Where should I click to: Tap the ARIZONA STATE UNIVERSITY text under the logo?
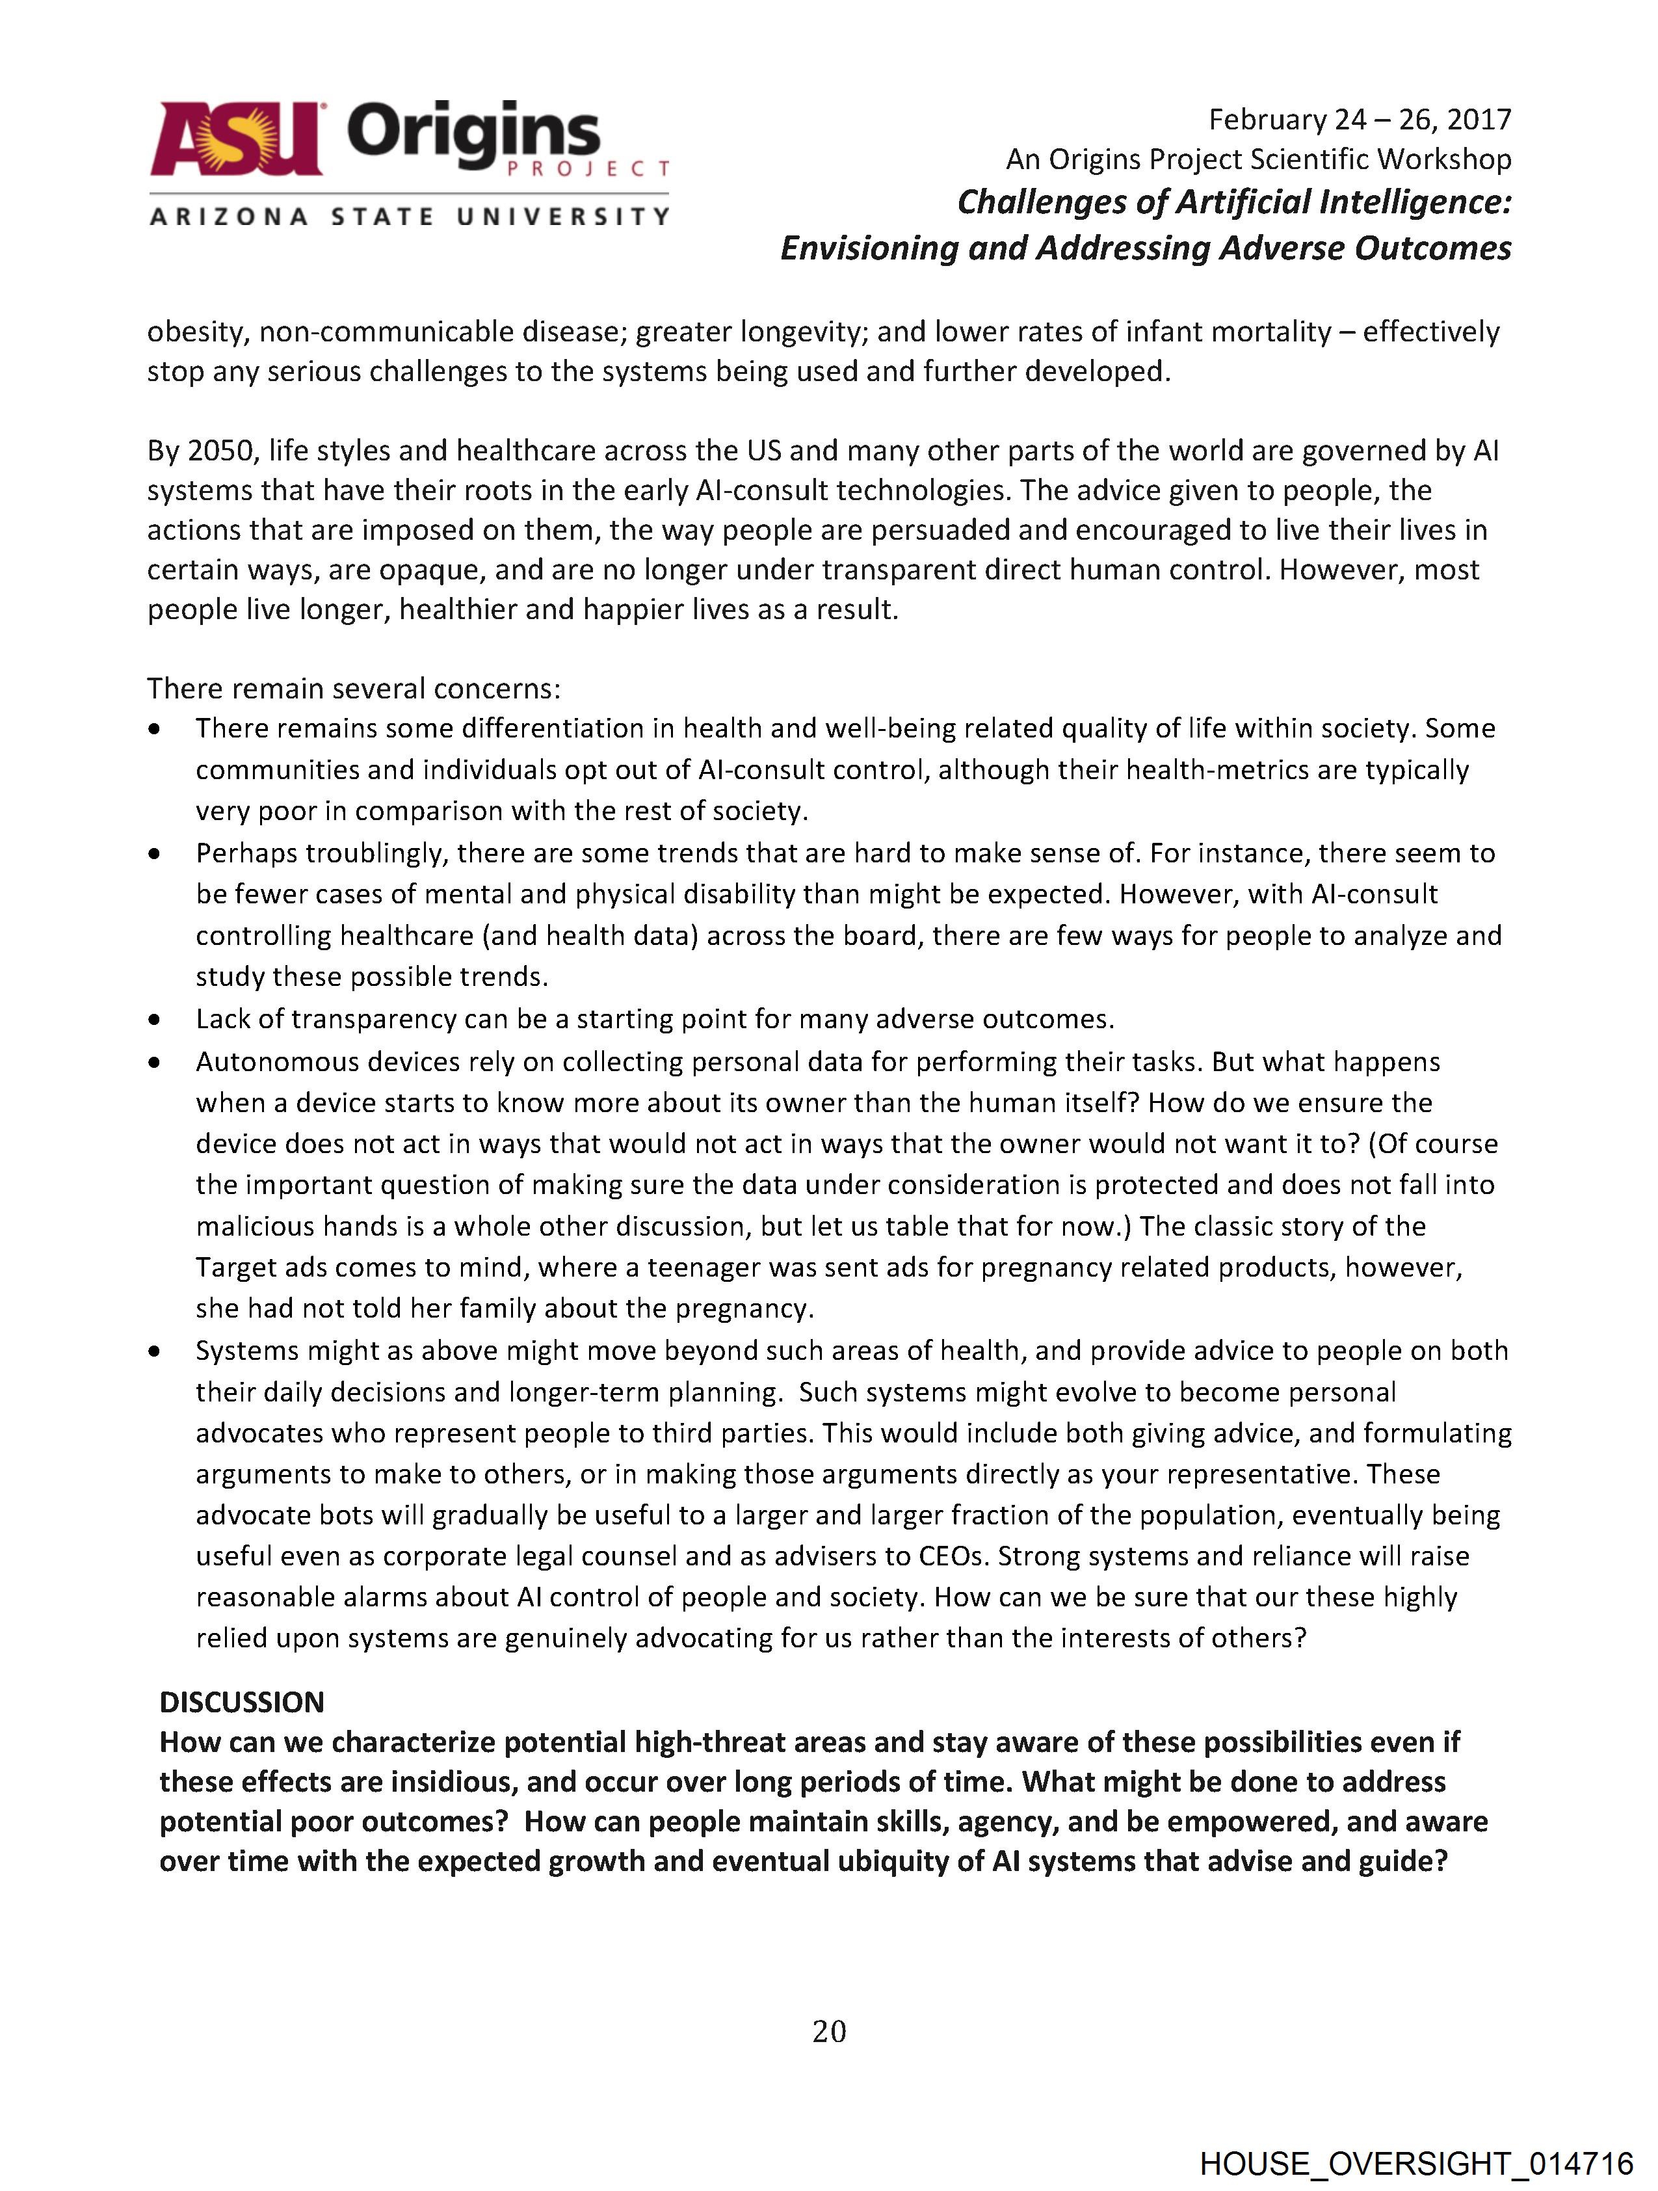click(x=409, y=216)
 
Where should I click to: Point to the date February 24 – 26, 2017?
click(x=1359, y=120)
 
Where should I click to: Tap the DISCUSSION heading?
click(x=242, y=1702)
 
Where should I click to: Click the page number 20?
click(x=829, y=2032)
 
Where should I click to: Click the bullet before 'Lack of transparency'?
click(x=153, y=1019)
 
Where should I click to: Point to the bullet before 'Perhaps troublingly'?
click(x=153, y=853)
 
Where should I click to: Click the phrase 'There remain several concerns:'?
click(x=354, y=689)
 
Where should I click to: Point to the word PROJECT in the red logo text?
click(x=588, y=169)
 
